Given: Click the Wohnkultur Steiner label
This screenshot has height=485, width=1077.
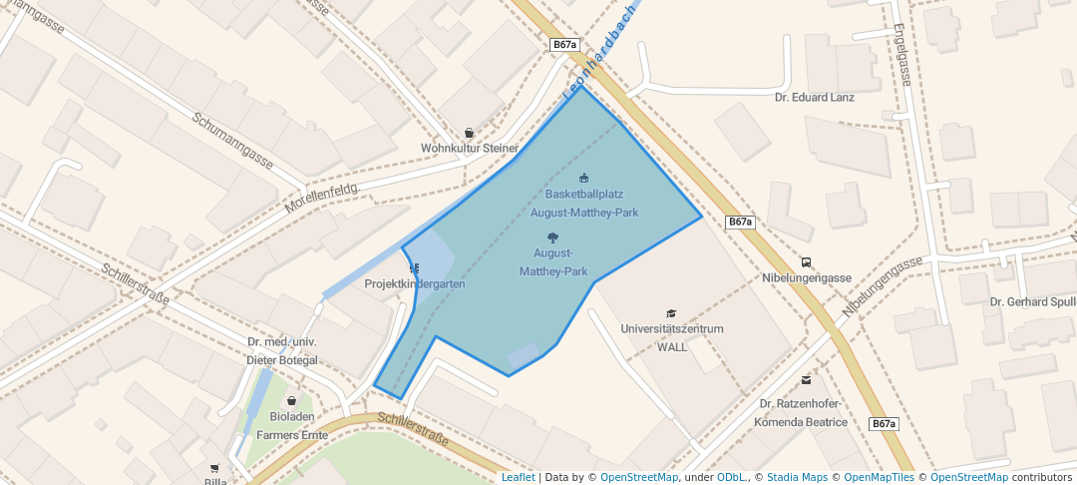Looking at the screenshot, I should [x=470, y=149].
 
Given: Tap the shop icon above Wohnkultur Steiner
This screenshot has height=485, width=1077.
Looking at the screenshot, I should [x=470, y=133].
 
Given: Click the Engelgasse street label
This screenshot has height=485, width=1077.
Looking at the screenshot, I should [x=902, y=55].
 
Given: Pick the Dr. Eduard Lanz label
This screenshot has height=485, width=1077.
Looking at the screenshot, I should [x=815, y=98].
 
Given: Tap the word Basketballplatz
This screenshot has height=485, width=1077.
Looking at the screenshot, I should [x=584, y=194].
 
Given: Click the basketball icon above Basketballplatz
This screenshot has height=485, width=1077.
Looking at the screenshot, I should [x=584, y=179].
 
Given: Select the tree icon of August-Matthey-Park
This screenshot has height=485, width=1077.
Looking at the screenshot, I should [x=553, y=238].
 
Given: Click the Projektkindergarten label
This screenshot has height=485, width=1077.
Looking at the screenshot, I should [x=415, y=284].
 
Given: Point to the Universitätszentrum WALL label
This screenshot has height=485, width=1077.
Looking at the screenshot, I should [x=671, y=337].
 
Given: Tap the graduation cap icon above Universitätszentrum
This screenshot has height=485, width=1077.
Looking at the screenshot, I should [x=671, y=313].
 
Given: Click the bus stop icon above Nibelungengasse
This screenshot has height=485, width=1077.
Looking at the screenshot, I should [x=806, y=262].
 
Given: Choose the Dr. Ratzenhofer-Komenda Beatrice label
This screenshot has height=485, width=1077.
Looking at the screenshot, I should [x=802, y=413].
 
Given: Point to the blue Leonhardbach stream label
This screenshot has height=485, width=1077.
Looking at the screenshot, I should [x=599, y=61].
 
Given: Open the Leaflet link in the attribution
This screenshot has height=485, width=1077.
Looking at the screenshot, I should [x=518, y=478].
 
